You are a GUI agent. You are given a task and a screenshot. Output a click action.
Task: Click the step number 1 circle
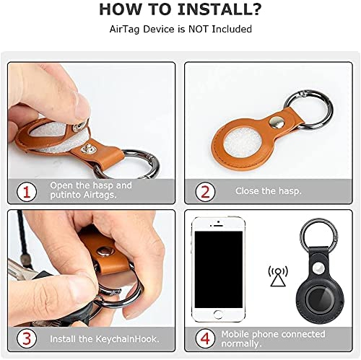click(x=27, y=192)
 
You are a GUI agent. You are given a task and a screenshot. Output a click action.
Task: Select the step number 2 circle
click(x=205, y=192)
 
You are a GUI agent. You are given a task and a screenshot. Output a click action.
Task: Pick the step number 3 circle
click(x=27, y=338)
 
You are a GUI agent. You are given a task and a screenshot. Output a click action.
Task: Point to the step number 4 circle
click(x=205, y=338)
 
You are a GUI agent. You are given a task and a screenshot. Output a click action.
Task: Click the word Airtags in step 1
click(x=100, y=195)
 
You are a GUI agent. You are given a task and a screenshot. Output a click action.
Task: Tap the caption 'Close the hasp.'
click(x=269, y=191)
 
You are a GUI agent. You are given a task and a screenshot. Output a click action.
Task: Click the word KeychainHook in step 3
click(x=127, y=339)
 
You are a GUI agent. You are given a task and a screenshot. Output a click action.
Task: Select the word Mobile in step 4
click(x=235, y=334)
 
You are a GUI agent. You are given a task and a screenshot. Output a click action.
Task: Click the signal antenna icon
click(x=278, y=276)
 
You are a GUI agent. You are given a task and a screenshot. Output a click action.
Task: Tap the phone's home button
click(x=218, y=315)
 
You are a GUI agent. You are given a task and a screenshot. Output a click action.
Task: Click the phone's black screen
click(x=219, y=270)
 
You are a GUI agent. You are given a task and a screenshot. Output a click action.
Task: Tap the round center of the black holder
click(x=320, y=299)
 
